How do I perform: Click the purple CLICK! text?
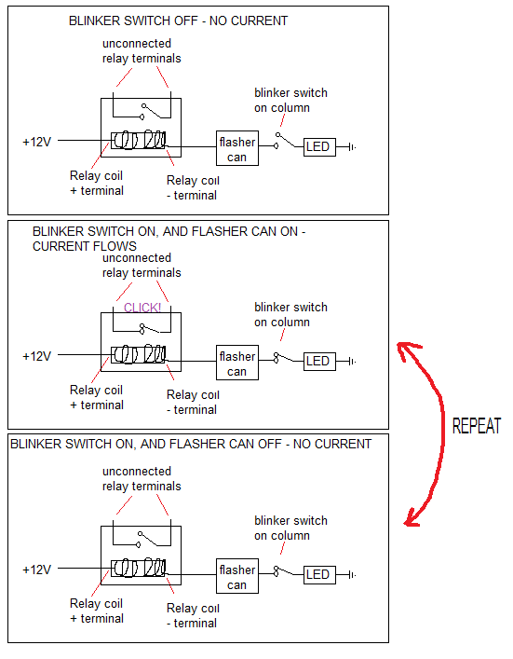pos(142,308)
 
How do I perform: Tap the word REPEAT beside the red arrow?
pos(477,426)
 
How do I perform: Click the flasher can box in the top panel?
pos(237,148)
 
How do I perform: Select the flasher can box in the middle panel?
pos(237,363)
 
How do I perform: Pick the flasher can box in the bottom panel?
pos(237,576)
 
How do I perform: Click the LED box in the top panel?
pos(319,147)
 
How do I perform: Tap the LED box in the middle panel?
pos(319,362)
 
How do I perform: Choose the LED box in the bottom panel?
pos(319,575)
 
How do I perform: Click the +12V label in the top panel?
pos(36,142)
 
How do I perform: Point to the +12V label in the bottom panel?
pos(36,570)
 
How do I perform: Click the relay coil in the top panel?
pos(139,140)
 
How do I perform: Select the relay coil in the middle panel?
pos(139,354)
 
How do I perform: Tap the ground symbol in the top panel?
pos(352,147)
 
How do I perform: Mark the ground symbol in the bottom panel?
pos(352,575)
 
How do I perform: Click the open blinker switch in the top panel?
pos(285,141)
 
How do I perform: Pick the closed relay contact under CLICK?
pos(150,328)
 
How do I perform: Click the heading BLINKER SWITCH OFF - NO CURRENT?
pos(179,21)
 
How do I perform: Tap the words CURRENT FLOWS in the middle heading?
pos(85,246)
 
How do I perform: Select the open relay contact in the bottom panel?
pos(148,539)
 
